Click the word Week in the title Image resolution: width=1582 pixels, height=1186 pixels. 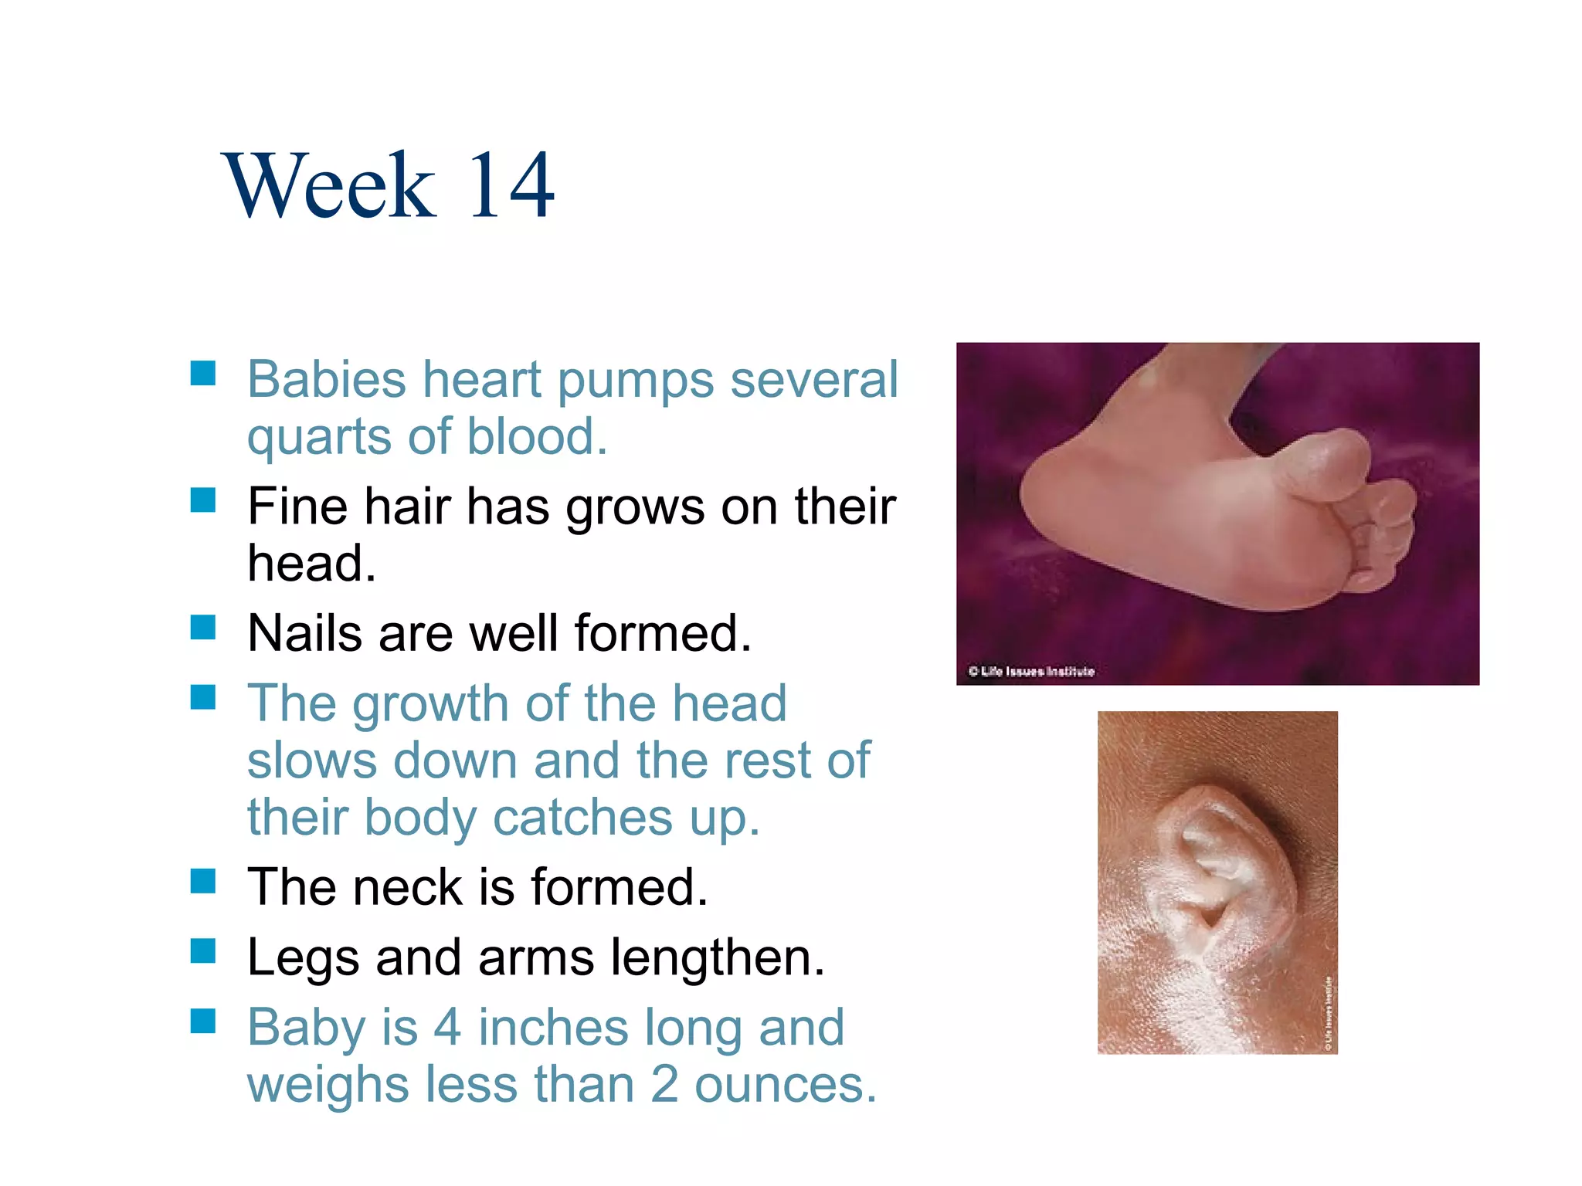[329, 185]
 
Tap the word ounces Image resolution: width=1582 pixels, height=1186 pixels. [785, 1084]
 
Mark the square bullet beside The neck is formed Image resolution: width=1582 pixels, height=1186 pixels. [202, 880]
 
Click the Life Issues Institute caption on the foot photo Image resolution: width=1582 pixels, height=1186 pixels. [1031, 671]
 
